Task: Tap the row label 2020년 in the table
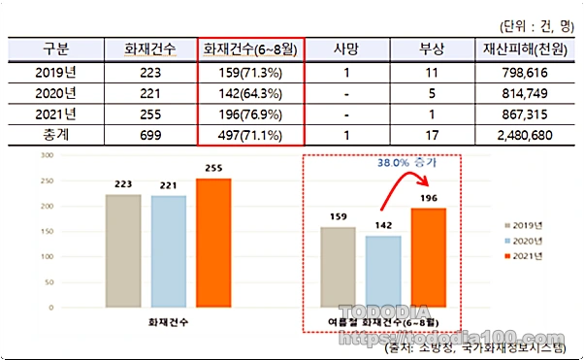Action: point(55,94)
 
